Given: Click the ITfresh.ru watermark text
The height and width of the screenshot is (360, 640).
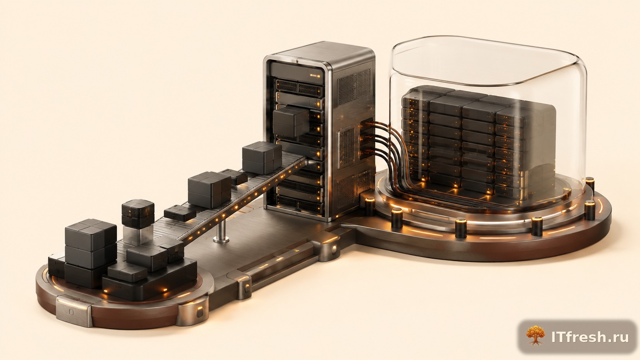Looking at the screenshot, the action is pos(590,337).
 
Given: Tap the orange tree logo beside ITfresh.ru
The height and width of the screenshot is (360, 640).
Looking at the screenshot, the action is pos(536,336).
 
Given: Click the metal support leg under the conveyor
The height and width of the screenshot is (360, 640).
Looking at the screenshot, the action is pos(221,231).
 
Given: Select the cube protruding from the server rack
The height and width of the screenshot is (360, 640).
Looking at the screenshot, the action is pos(291,121).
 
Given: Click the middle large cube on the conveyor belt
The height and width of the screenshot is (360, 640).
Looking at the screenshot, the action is pos(209,189).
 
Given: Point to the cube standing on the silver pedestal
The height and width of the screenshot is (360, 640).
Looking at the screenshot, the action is pos(138,214).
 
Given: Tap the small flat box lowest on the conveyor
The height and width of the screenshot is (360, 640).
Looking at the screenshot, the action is pos(180,213).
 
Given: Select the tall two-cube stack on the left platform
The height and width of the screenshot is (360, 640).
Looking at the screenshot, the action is pos(91,244).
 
